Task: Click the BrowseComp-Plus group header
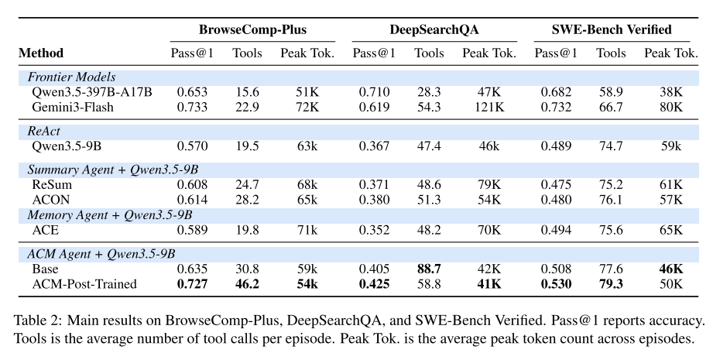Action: (x=252, y=30)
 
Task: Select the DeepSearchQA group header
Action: (x=434, y=30)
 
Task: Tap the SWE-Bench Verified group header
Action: (x=612, y=30)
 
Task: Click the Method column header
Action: (x=41, y=53)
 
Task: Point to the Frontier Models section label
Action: (x=71, y=77)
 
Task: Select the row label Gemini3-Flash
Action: (x=73, y=108)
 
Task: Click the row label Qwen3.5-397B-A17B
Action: (x=92, y=92)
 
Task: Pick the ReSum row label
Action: (x=52, y=184)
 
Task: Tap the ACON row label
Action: (x=51, y=200)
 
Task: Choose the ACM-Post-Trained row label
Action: (x=84, y=284)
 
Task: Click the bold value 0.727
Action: (x=192, y=284)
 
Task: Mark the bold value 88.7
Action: (x=429, y=269)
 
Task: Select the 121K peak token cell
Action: (x=488, y=108)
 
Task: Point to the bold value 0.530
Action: (x=556, y=284)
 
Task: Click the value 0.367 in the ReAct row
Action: (x=374, y=146)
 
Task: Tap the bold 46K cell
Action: (x=670, y=269)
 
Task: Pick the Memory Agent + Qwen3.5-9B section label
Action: (x=110, y=215)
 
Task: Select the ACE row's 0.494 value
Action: (x=556, y=230)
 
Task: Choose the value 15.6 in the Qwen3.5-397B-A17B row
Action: (x=248, y=92)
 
